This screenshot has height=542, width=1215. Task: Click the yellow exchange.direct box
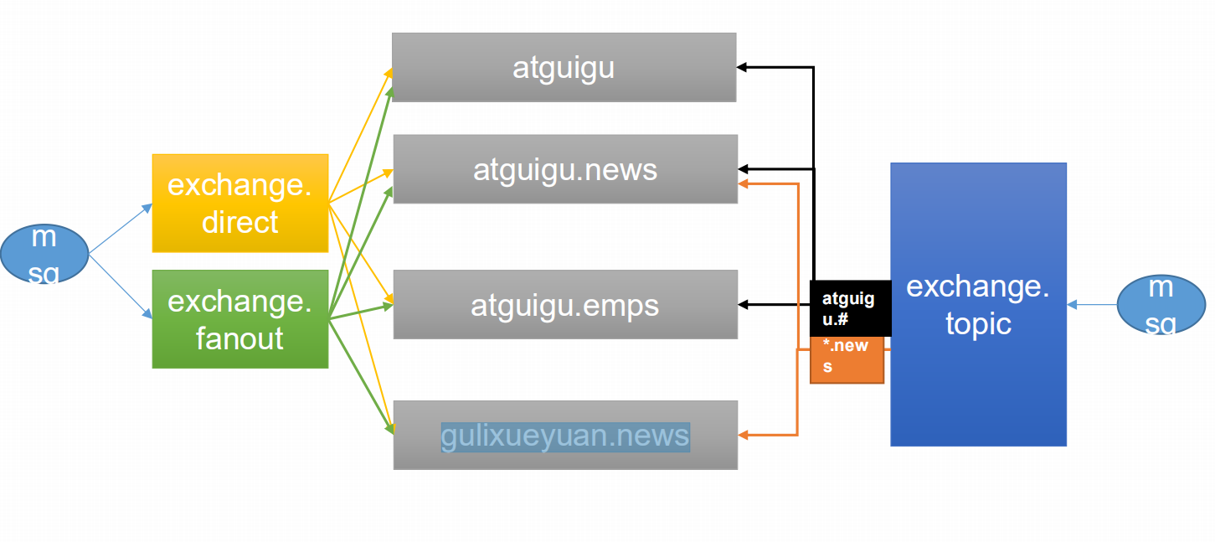pyautogui.click(x=240, y=204)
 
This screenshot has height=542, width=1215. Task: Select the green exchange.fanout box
pyautogui.click(x=240, y=319)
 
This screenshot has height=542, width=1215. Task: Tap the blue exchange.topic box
pyautogui.click(x=979, y=304)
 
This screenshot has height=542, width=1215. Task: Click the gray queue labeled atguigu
pyautogui.click(x=564, y=67)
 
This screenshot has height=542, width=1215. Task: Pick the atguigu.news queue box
pyautogui.click(x=565, y=169)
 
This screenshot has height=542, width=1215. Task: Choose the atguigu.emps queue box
pyautogui.click(x=565, y=304)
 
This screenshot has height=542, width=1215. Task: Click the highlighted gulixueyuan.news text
pyautogui.click(x=565, y=436)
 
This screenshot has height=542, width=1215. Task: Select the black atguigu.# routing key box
pyautogui.click(x=850, y=308)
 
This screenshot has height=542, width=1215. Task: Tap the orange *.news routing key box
pyautogui.click(x=847, y=359)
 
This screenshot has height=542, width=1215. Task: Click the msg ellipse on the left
pyautogui.click(x=44, y=254)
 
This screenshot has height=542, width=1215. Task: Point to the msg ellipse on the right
pyautogui.click(x=1161, y=304)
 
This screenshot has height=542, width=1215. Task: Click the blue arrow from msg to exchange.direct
pyautogui.click(x=121, y=229)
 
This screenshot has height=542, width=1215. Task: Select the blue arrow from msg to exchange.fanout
pyautogui.click(x=121, y=286)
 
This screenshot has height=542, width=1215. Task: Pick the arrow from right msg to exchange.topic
pyautogui.click(x=1093, y=305)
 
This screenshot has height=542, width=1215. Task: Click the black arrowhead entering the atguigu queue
pyautogui.click(x=742, y=67)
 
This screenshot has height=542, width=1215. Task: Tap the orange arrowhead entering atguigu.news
pyautogui.click(x=743, y=184)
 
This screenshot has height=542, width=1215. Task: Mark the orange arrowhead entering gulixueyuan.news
pyautogui.click(x=743, y=435)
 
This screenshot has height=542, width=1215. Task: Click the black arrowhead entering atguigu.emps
pyautogui.click(x=743, y=304)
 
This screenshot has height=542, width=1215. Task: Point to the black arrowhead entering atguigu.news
pyautogui.click(x=743, y=169)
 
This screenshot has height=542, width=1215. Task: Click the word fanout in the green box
pyautogui.click(x=239, y=338)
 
